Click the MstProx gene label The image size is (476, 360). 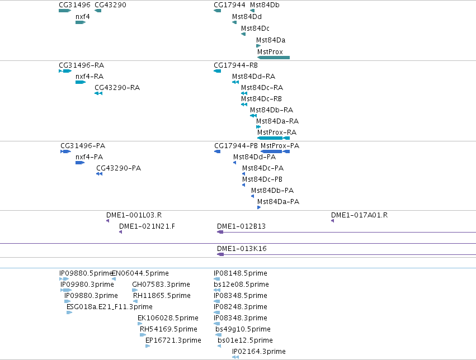click(x=270, y=52)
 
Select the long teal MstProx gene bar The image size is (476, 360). click(x=274, y=58)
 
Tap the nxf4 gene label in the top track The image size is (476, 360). click(x=83, y=17)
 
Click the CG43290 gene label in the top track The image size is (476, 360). click(x=111, y=5)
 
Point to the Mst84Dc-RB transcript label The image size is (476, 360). click(x=261, y=99)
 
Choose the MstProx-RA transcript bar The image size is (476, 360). click(x=274, y=138)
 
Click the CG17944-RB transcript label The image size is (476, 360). click(x=235, y=65)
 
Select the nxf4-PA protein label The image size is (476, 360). click(x=89, y=157)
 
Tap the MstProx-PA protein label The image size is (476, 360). click(x=280, y=146)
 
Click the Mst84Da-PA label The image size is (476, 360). click(x=278, y=202)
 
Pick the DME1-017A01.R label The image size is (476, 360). click(x=360, y=215)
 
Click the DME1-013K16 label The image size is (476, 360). click(x=242, y=249)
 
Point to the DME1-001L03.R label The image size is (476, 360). click(x=134, y=215)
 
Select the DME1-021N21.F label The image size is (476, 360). click(x=147, y=226)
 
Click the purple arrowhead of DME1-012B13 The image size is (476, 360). click(x=220, y=233)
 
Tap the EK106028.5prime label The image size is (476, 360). click(x=168, y=318)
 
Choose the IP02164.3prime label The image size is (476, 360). click(x=258, y=352)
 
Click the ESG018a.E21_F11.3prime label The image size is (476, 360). click(x=109, y=307)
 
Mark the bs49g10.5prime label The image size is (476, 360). click(x=243, y=329)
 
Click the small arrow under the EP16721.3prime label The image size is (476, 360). click(x=148, y=346)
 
